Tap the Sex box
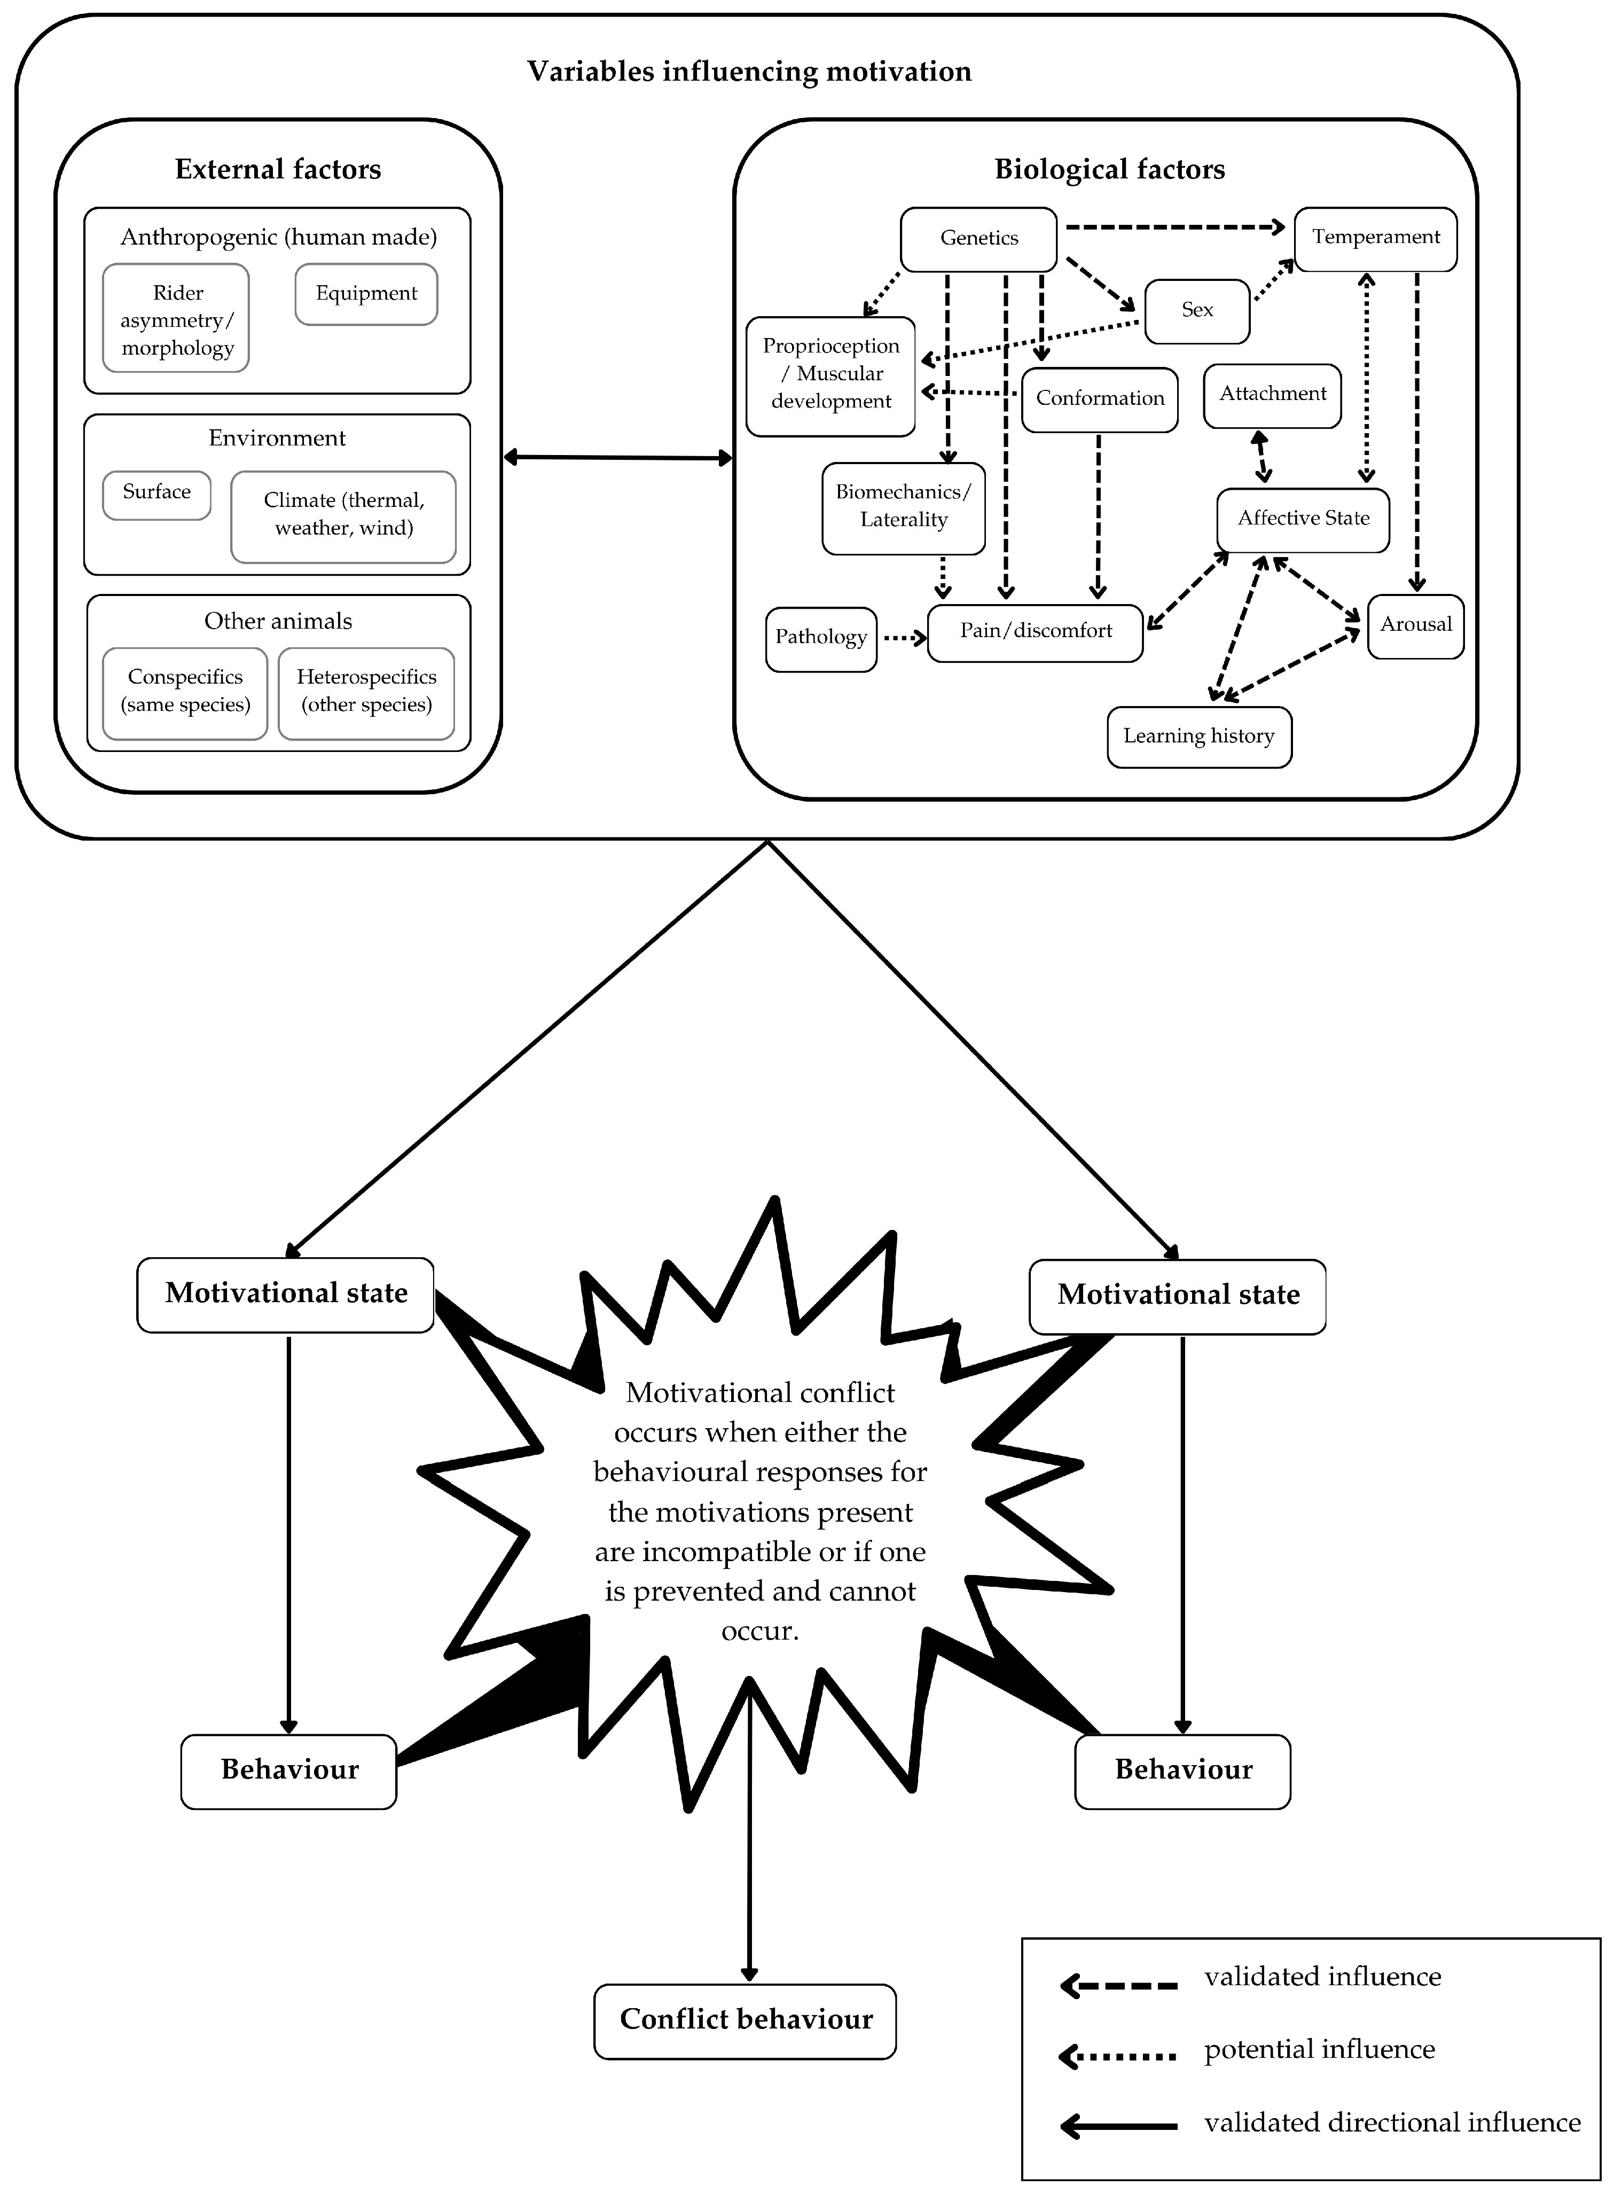click(x=1197, y=311)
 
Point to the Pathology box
click(x=821, y=638)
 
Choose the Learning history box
click(x=1199, y=736)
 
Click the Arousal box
click(x=1416, y=625)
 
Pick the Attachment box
click(x=1272, y=395)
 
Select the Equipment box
click(x=366, y=294)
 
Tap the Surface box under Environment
click(x=156, y=493)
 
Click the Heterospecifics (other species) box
click(x=366, y=692)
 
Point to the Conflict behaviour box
click(x=746, y=2019)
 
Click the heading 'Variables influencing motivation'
click(x=749, y=72)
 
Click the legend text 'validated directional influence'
click(x=1391, y=2122)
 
